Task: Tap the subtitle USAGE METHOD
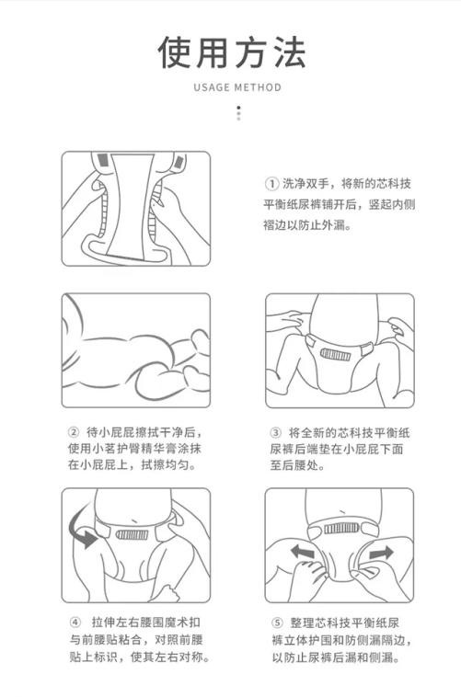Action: tap(237, 88)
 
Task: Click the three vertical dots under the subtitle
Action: tap(238, 113)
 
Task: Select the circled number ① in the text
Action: tap(272, 183)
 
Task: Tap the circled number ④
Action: tap(75, 623)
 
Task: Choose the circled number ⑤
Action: tap(276, 623)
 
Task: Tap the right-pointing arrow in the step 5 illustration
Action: tap(382, 554)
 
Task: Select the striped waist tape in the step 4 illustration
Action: tap(134, 534)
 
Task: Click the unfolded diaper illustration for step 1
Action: tap(135, 209)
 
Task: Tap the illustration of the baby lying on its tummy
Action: tap(135, 350)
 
